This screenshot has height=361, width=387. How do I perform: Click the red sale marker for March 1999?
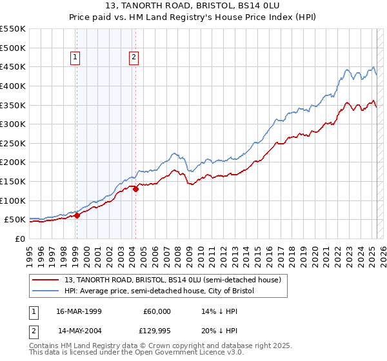pyautogui.click(x=77, y=215)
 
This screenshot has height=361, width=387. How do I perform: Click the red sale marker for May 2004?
pyautogui.click(x=135, y=189)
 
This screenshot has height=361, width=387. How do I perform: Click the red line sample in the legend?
pyautogui.click(x=46, y=280)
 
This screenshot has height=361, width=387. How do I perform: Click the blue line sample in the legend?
pyautogui.click(x=46, y=291)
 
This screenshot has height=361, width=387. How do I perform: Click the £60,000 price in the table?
pyautogui.click(x=155, y=311)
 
